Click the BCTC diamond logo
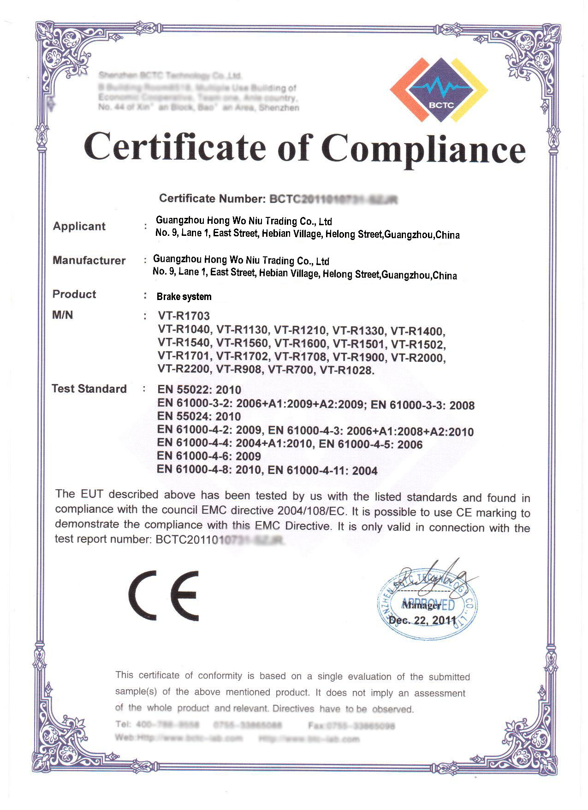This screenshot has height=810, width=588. (x=439, y=90)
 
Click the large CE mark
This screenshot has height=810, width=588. (x=164, y=596)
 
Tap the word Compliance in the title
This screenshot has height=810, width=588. (x=423, y=149)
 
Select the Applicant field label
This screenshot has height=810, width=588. (x=79, y=226)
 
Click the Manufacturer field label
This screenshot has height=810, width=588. (x=89, y=260)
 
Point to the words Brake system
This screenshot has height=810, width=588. (x=184, y=297)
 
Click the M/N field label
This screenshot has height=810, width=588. (x=63, y=315)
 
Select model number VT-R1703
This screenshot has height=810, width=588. (x=184, y=316)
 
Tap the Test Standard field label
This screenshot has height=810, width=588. (x=89, y=389)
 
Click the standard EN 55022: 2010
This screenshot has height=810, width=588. (x=199, y=390)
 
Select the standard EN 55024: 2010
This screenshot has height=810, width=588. (x=199, y=416)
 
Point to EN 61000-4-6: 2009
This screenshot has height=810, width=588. (x=209, y=456)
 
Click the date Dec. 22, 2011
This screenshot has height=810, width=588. (x=422, y=620)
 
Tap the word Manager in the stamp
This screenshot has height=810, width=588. (x=421, y=605)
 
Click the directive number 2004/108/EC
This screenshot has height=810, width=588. (x=311, y=511)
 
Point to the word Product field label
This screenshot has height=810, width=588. (x=74, y=294)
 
